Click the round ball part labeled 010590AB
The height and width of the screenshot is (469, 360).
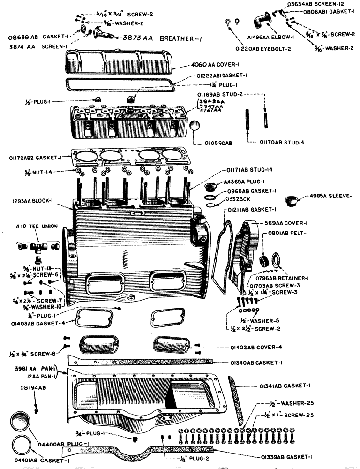coord(196,126)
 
